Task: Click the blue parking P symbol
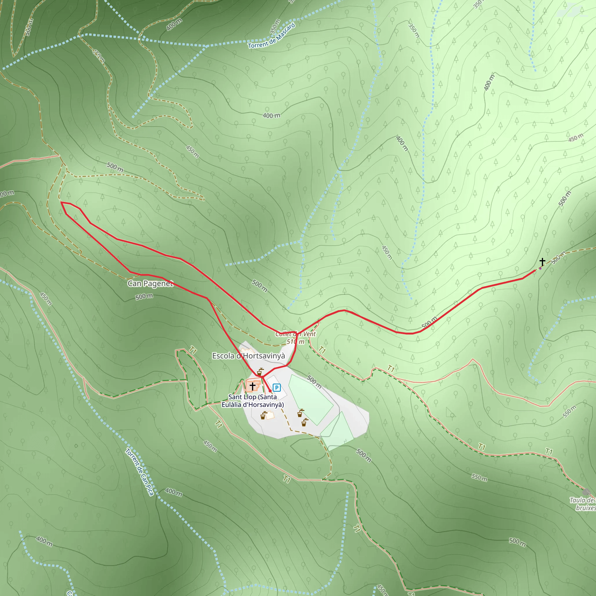(277, 387)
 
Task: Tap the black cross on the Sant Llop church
(253, 386)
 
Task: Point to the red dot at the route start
(270, 391)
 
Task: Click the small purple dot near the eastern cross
(540, 268)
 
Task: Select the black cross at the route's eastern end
(542, 262)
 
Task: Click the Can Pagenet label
(150, 283)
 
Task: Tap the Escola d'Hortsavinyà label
(248, 356)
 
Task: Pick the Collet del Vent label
(296, 334)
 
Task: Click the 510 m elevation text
(295, 341)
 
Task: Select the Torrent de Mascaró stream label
(272, 36)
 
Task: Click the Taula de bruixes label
(582, 504)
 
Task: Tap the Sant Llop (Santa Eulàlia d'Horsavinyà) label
(253, 400)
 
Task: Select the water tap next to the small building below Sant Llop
(263, 415)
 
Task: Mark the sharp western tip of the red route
(61, 203)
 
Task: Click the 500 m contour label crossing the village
(314, 382)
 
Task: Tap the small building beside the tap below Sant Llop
(270, 415)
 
